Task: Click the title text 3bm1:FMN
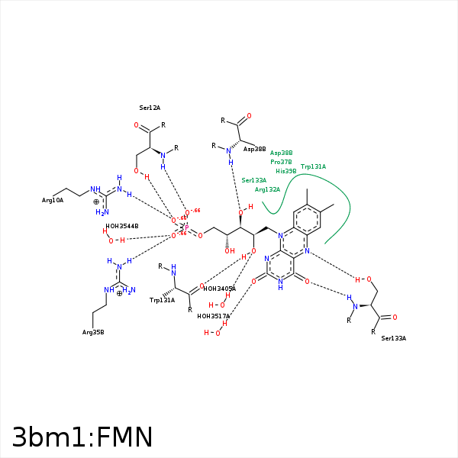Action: point(82,437)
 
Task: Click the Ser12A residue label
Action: point(150,108)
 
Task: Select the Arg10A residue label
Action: point(53,200)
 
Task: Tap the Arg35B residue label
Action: point(93,332)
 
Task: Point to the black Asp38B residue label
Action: point(254,150)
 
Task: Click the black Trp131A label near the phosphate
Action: point(162,300)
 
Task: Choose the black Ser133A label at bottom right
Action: point(393,337)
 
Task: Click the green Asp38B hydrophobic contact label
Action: point(281,153)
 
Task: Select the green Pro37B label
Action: point(281,162)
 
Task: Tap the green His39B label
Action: point(285,171)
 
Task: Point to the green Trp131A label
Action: point(313,166)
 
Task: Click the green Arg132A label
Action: point(267,189)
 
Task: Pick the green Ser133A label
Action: point(253,180)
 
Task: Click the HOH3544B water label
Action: point(121,226)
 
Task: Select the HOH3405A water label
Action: point(219,289)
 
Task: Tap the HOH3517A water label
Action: point(213,316)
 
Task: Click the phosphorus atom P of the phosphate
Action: point(186,227)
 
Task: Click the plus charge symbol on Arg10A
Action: point(96,202)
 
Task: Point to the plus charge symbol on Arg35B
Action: point(120,293)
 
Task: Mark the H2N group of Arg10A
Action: point(101,212)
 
